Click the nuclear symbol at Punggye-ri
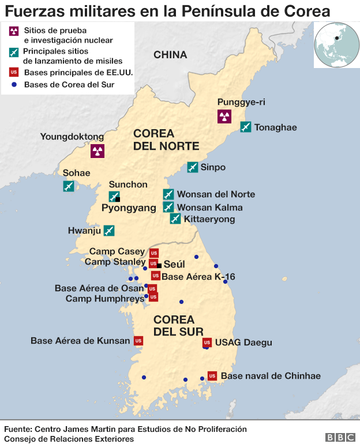point(224,116)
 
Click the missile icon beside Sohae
point(69,186)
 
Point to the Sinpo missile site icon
point(193,167)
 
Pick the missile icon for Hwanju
point(108,231)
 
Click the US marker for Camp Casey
point(154,253)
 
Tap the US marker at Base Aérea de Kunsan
point(138,341)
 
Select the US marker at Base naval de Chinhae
point(212,375)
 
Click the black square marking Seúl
point(159,265)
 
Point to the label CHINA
point(170,55)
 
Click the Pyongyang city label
point(129,208)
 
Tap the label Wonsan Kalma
point(209,207)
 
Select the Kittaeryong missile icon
point(175,218)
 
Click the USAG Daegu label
point(243,343)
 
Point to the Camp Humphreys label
point(104,298)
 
